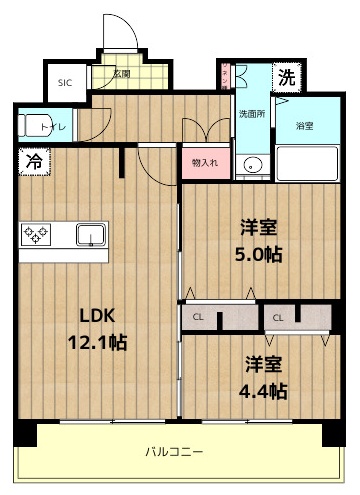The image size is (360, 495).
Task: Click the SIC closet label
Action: (65, 83)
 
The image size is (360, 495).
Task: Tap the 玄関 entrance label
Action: (121, 72)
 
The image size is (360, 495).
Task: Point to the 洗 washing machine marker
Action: (286, 78)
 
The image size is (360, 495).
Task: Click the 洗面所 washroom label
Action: (250, 113)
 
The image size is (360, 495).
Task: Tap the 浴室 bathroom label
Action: (304, 126)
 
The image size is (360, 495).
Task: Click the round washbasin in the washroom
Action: (252, 167)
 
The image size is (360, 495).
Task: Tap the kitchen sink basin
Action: (92, 236)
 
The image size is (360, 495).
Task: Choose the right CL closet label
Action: (279, 317)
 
